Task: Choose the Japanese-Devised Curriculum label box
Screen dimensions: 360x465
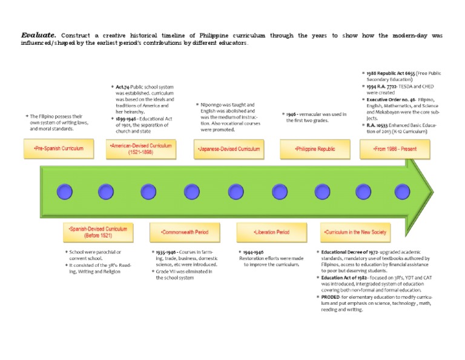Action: [229, 148]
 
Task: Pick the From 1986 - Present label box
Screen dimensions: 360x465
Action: [395, 148]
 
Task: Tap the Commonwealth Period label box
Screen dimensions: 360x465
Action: [185, 232]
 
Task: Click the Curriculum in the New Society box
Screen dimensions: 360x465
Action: [355, 232]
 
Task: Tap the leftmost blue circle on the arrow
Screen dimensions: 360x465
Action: [64, 193]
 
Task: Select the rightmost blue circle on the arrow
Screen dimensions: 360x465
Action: [402, 193]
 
